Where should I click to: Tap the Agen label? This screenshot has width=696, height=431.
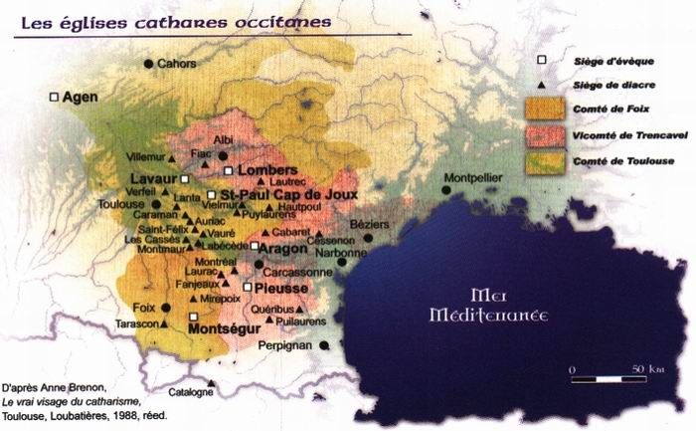pos(79,98)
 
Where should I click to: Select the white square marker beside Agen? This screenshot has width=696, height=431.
pos(54,97)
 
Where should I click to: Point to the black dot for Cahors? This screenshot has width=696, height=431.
pos(148,64)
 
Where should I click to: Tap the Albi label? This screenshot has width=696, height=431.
pos(223,139)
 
